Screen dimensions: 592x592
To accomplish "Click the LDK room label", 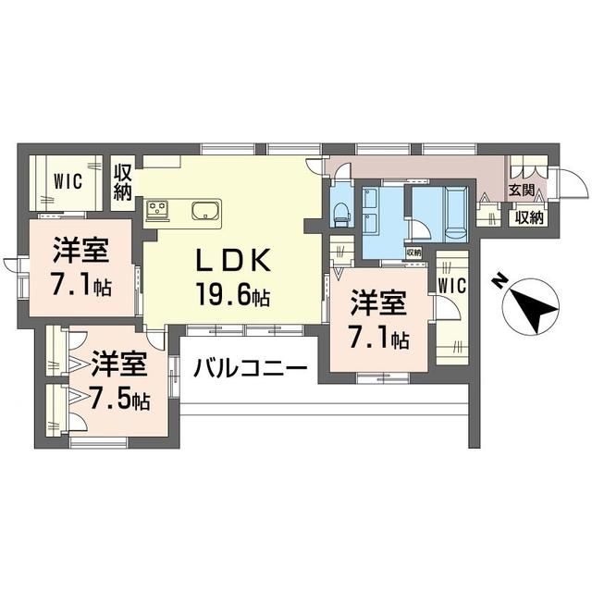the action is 233,260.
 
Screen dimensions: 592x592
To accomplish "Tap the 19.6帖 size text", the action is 232,294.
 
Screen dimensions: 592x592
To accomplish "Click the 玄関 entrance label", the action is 522,190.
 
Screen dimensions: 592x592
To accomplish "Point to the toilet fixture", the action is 341,216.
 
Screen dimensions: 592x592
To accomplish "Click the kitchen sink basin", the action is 205,210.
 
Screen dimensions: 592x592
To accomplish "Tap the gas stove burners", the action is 158,209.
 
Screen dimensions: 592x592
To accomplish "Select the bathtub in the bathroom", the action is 457,214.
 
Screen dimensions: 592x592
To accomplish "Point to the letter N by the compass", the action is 500,281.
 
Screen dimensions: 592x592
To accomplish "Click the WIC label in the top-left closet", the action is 68,181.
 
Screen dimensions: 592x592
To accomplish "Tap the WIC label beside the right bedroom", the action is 452,285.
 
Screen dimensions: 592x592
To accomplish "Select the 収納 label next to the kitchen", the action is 123,183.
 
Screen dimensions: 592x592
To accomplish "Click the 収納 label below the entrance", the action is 529,217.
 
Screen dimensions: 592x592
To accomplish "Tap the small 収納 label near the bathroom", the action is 413,253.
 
